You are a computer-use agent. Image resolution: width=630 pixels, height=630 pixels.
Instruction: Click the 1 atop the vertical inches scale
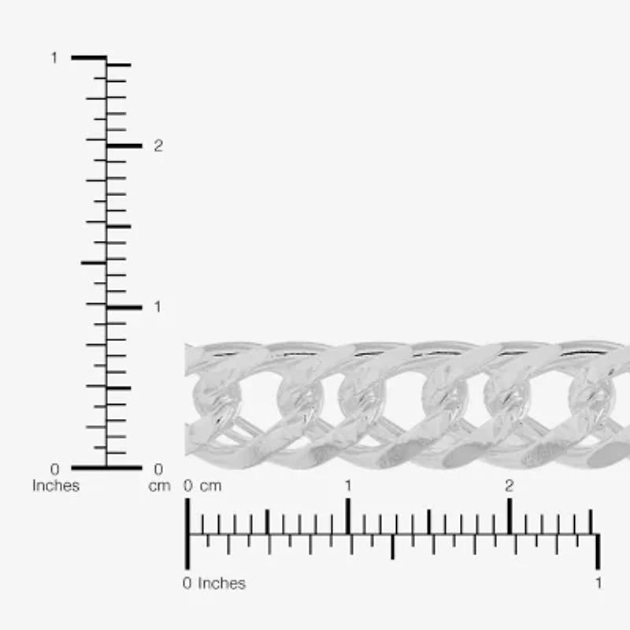point(54,57)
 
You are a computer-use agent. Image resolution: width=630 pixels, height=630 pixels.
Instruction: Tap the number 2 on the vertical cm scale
point(158,146)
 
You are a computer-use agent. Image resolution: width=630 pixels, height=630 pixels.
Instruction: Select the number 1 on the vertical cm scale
point(157,306)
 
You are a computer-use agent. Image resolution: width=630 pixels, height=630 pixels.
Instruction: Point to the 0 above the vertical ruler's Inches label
point(54,469)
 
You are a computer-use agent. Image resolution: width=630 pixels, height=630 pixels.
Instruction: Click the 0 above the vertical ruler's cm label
point(158,469)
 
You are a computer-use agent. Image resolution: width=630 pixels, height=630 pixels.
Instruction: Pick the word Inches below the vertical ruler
point(56,486)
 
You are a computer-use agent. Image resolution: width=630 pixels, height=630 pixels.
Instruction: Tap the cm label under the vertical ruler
point(159,486)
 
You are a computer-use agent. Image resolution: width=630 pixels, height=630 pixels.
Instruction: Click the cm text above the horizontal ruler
point(210,486)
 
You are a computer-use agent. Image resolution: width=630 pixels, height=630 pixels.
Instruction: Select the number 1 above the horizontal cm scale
point(348,486)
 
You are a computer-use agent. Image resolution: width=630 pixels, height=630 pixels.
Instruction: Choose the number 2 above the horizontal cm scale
point(510,486)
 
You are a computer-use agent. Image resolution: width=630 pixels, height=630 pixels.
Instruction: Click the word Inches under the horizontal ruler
point(221,584)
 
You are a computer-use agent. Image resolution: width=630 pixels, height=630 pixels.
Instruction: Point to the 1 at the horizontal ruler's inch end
point(598,584)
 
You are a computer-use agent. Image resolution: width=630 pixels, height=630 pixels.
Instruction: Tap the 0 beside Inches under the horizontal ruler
point(187,584)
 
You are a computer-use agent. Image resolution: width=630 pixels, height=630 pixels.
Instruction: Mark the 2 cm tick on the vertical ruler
point(124,146)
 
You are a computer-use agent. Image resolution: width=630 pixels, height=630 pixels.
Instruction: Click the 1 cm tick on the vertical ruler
point(124,307)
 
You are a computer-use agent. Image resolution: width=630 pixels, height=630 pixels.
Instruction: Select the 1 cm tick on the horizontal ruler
point(348,517)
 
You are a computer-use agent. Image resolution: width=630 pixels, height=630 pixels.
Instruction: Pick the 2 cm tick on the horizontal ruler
point(510,517)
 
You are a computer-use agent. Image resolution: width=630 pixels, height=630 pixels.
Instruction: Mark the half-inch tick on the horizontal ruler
point(392,547)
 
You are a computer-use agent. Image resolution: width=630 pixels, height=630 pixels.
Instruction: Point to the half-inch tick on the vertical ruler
point(94,262)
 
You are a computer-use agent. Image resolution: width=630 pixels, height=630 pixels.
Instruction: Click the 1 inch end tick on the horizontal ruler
point(598,551)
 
